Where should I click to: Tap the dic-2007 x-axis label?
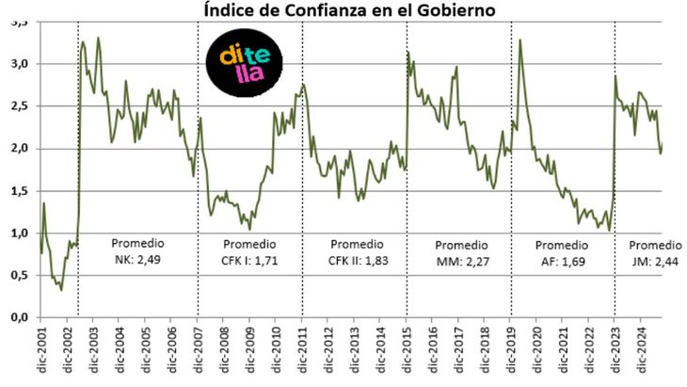point(199,353)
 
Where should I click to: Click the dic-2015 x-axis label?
point(407,353)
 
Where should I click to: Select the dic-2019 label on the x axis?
point(511,353)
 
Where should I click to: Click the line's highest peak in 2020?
point(520,40)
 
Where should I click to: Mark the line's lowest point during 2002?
point(61,290)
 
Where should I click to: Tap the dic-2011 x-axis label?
point(303,353)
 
